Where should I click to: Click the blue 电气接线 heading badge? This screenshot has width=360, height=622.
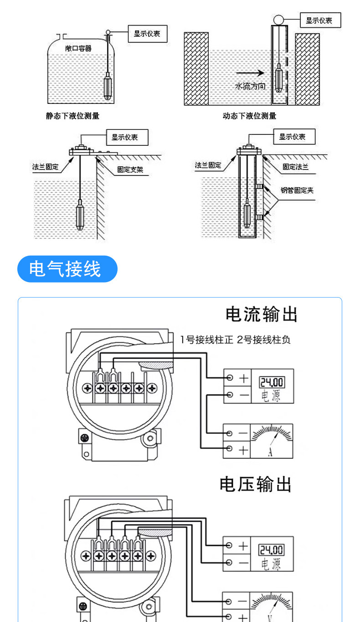67,269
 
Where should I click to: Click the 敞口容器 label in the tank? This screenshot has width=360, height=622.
78,49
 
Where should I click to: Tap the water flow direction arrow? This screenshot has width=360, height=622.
250,73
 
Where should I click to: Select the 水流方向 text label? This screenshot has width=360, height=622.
250,87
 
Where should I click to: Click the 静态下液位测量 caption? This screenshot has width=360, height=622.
72,116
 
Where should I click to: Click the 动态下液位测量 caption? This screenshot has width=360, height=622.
249,116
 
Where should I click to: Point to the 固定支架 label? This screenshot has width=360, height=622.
130,170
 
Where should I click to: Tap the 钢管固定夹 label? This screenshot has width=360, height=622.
297,190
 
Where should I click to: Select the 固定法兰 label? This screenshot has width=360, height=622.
296,167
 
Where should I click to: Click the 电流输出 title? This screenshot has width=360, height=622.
262,314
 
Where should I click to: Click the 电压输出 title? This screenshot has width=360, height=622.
255,484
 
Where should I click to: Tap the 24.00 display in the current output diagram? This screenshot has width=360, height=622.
272,382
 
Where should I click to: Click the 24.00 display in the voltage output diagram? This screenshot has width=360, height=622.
271,550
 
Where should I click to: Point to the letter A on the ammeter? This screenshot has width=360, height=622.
270,452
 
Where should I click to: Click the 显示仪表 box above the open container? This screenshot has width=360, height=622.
148,34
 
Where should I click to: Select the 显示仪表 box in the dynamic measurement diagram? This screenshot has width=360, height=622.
320,20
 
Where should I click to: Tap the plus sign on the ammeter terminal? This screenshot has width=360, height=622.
243,450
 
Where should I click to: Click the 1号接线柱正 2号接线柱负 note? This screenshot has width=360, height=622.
235,339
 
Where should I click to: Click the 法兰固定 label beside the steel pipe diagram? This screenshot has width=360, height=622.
208,165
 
